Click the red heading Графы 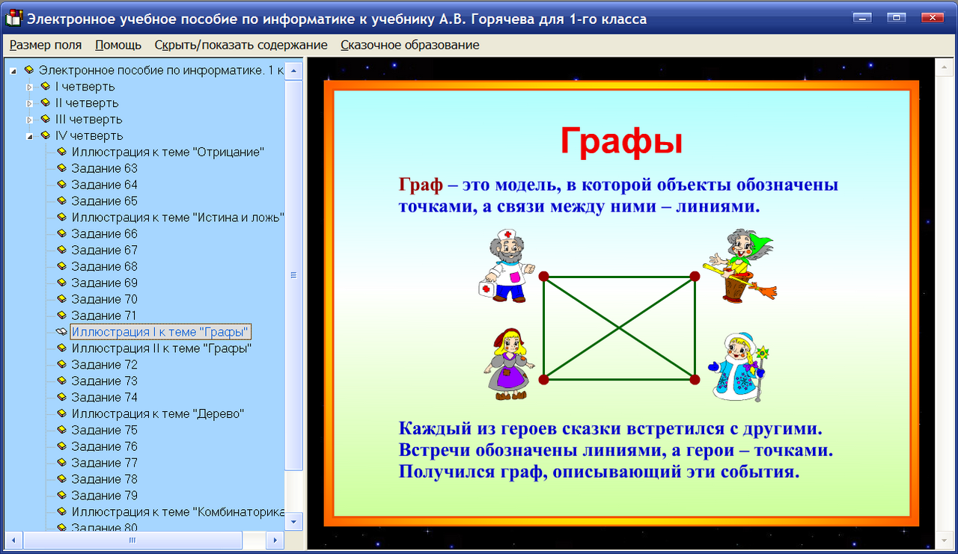click(x=621, y=141)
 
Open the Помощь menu click(x=118, y=45)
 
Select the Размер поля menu click(x=46, y=45)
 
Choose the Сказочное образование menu click(x=409, y=45)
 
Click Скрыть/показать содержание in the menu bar click(x=241, y=45)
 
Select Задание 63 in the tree click(x=104, y=168)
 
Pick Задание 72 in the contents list click(x=104, y=365)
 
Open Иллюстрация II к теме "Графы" click(x=161, y=348)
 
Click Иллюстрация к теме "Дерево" click(x=158, y=413)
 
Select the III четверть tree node click(x=88, y=120)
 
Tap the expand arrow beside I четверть click(x=30, y=87)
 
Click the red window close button click(x=931, y=18)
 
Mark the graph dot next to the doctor click(x=544, y=277)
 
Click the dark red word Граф click(x=421, y=185)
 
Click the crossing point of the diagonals click(x=619, y=327)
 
